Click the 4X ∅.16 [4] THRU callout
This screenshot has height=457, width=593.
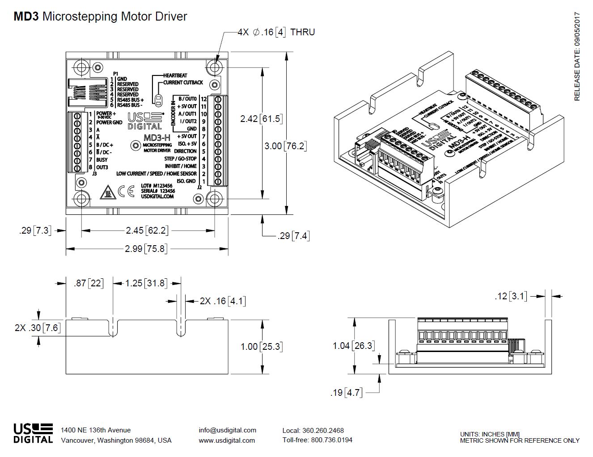(x=276, y=32)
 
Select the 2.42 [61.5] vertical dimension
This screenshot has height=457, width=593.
(x=261, y=119)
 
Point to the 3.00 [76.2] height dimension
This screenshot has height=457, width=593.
(x=285, y=146)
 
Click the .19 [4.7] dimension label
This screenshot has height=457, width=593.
(x=346, y=393)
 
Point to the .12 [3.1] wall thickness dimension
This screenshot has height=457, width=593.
(x=511, y=296)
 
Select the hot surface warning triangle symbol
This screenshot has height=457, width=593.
(x=107, y=192)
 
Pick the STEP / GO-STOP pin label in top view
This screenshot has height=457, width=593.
(x=180, y=159)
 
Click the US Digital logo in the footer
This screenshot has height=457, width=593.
(x=33, y=433)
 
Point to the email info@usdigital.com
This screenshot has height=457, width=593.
(x=227, y=430)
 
